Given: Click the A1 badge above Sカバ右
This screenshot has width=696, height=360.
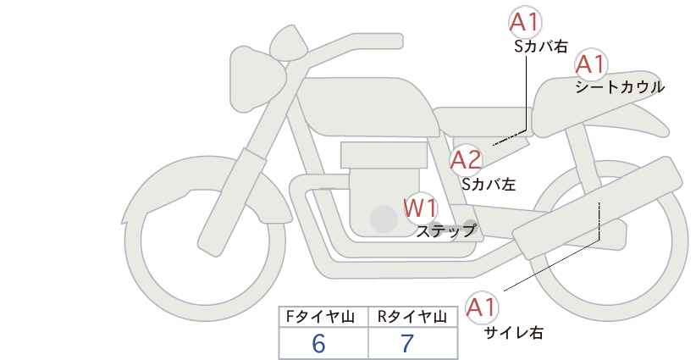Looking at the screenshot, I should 524,23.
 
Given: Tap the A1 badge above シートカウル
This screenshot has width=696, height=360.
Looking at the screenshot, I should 590,64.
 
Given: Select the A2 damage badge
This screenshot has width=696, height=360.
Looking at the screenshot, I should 465,159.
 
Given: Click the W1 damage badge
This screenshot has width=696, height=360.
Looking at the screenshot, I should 420,207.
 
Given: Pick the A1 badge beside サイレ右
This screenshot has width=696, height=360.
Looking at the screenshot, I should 483,307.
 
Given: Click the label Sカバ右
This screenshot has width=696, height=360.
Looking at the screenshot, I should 539,47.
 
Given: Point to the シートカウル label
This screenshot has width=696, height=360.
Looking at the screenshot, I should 619,86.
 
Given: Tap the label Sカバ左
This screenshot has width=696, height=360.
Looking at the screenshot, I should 489,182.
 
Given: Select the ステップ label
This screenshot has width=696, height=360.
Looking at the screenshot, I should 445,230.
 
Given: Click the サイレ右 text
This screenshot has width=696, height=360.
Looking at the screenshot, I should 513,332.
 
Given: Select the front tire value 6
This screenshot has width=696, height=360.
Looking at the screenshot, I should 318,343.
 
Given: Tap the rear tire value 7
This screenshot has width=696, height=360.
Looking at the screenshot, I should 407,343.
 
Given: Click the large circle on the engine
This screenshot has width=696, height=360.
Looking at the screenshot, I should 384,220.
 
